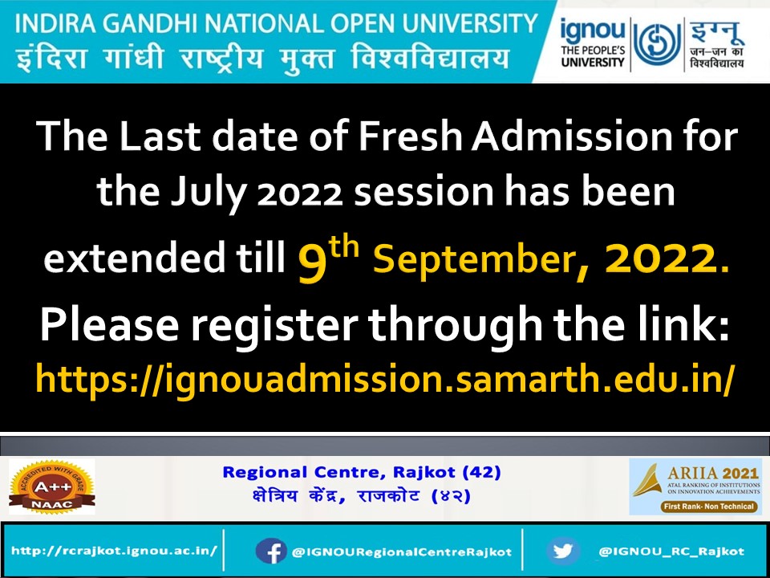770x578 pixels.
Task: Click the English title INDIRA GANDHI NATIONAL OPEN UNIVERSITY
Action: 275,21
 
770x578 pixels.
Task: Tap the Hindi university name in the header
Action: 260,57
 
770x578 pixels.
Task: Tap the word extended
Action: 124,258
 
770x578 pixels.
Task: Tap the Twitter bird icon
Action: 563,552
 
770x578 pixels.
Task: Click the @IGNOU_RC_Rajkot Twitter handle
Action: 671,552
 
